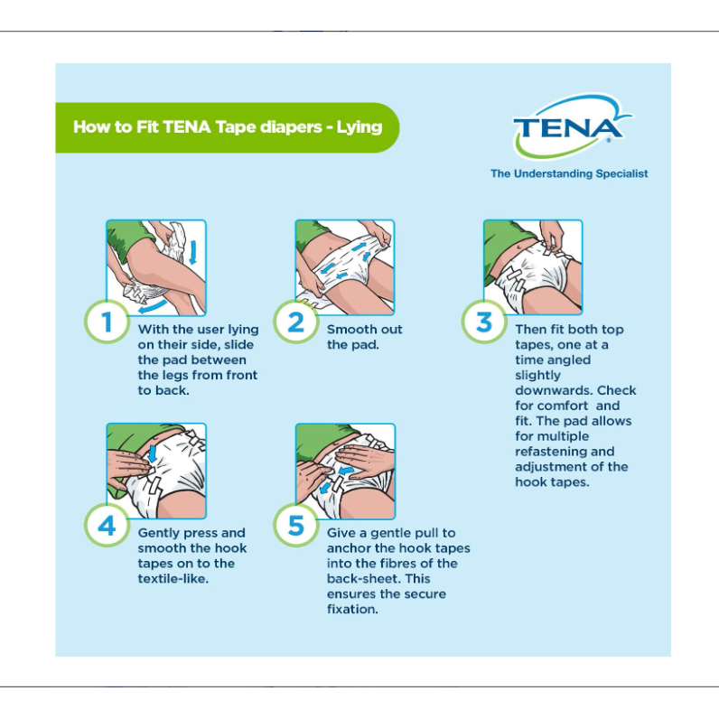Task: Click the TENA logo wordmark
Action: point(567,128)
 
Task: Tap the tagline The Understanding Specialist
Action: point(569,173)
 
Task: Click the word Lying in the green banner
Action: point(359,127)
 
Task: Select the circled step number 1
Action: point(107,322)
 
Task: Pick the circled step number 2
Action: point(295,322)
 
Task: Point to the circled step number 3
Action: point(484,322)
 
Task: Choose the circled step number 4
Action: point(107,526)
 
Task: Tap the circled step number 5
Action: point(295,526)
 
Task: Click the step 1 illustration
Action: point(156,267)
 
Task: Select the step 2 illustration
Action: point(345,267)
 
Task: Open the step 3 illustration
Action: point(533,267)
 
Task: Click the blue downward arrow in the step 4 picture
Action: point(153,453)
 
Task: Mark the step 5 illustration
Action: point(345,472)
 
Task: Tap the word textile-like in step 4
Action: point(173,579)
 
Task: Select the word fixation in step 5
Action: point(351,610)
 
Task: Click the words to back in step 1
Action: point(163,391)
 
